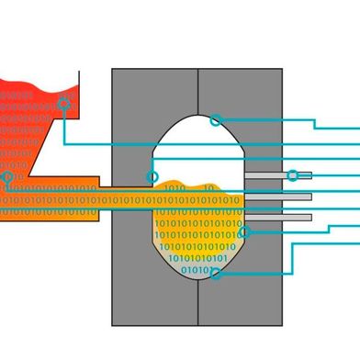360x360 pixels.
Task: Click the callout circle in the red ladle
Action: [63, 104]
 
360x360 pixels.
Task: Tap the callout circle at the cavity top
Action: [216, 119]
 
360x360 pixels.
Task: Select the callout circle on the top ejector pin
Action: [292, 175]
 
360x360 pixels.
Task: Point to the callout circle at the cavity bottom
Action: [214, 272]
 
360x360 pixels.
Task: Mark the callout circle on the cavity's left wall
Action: [152, 176]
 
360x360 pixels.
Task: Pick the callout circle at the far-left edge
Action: [7, 176]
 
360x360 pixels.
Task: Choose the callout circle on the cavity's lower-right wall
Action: [244, 232]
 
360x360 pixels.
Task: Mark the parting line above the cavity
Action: [198, 87]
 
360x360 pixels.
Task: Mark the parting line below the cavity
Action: [198, 303]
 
